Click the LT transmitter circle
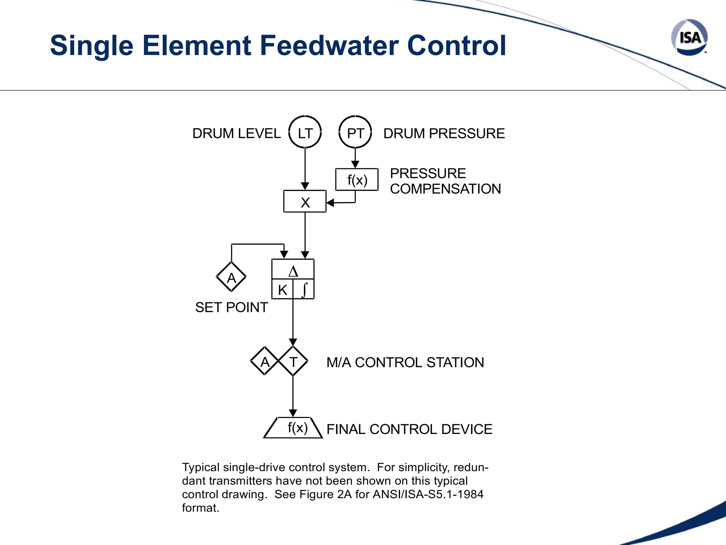pos(305,132)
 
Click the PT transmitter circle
pos(355,132)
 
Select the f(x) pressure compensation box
pos(357,180)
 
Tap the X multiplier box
pos(305,202)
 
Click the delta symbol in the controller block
pos(293,271)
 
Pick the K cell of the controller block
pos(283,290)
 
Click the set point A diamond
pos(231,277)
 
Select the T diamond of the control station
pos(293,361)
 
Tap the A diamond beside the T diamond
pos(264,361)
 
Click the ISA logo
pos(689,37)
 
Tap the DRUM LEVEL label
pos(236,133)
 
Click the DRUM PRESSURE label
pos(444,133)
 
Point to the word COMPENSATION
pos(445,189)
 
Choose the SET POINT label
pos(231,307)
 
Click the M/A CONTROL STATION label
pos(405,362)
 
